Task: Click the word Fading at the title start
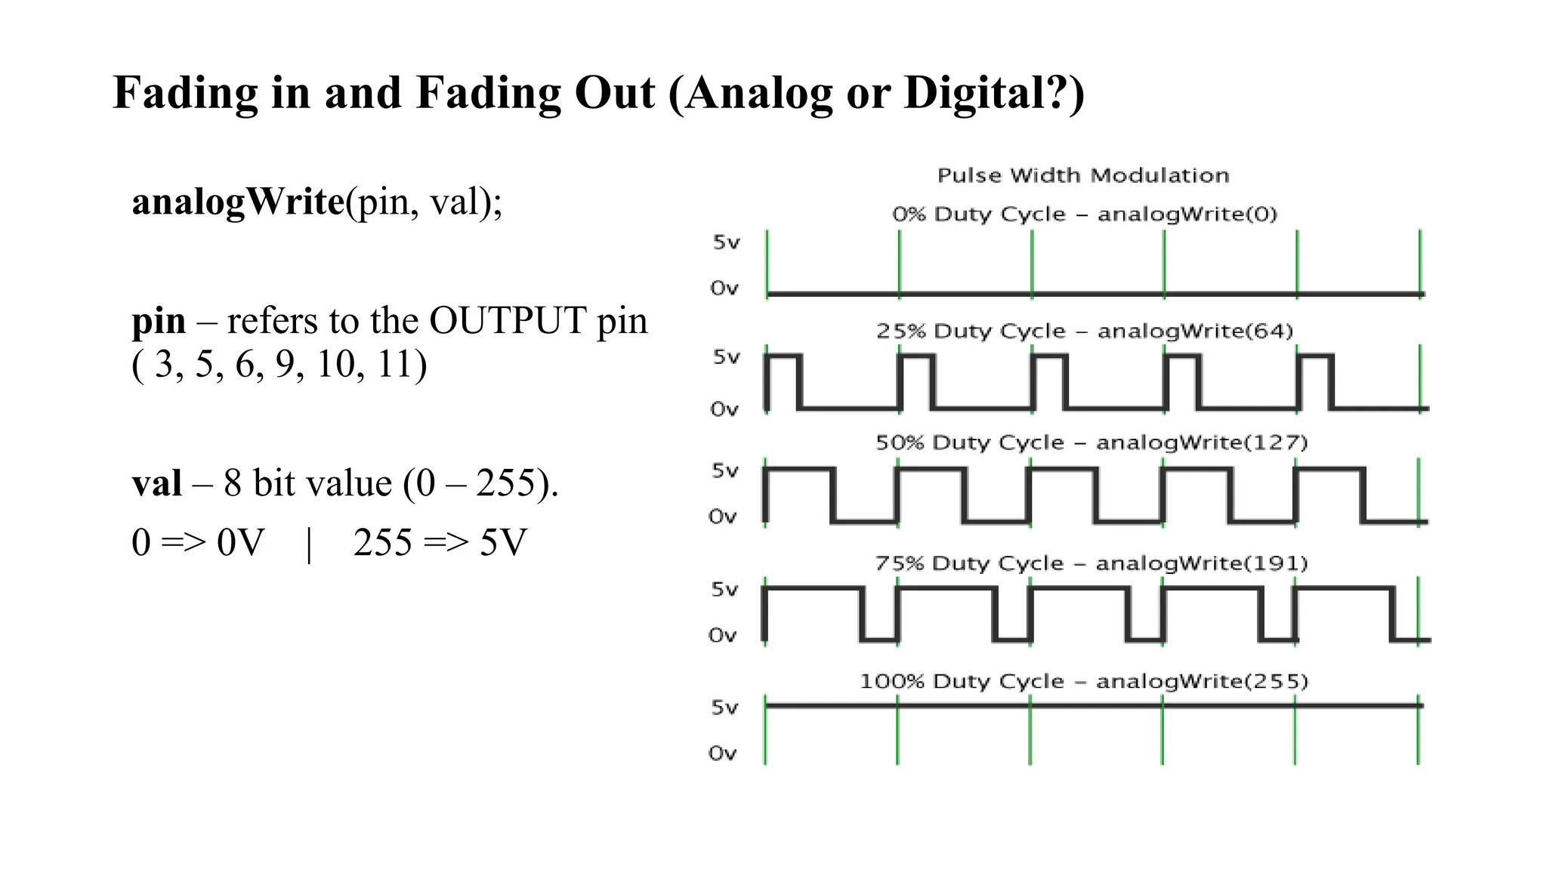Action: point(184,94)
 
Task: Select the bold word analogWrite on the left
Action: point(238,202)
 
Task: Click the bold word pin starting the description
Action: point(159,321)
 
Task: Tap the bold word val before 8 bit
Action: point(156,484)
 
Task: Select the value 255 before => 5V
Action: point(382,543)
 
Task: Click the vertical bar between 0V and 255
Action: point(309,545)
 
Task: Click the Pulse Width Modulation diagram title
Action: point(1083,176)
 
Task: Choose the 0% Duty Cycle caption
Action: point(1085,214)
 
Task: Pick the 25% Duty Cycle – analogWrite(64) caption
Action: point(1085,332)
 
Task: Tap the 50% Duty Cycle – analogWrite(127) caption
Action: point(1092,443)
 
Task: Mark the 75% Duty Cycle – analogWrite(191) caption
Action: point(1092,563)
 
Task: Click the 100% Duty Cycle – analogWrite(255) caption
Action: point(1084,682)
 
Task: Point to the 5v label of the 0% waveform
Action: point(726,242)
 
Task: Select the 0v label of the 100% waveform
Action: point(722,754)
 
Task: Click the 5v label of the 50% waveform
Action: point(724,471)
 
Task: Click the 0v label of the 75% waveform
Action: point(722,636)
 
